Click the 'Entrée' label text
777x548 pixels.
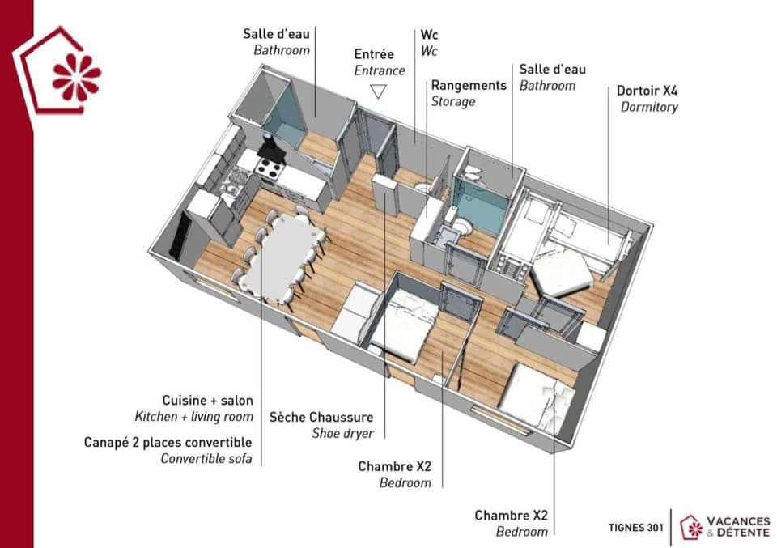pos(374,54)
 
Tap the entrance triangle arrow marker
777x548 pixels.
pos(378,91)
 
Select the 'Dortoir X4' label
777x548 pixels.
pos(647,91)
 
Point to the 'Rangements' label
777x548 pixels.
pos(468,85)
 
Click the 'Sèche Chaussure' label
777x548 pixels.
pos(321,417)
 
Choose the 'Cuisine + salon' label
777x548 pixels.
pos(207,400)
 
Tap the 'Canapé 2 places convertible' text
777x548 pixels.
pos(168,442)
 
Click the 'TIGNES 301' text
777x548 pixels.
pos(636,527)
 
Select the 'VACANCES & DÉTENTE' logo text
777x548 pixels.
pos(738,526)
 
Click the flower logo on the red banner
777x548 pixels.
pos(76,77)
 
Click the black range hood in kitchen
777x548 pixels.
pos(271,149)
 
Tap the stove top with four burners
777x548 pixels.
pos(269,168)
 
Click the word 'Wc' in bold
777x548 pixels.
pos(429,36)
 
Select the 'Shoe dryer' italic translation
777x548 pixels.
pos(342,434)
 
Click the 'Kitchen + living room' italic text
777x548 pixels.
pos(193,417)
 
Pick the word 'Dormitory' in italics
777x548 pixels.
pos(649,107)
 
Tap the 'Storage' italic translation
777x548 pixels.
pos(452,101)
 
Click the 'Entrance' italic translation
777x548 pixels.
pos(380,70)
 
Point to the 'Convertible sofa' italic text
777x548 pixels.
pos(206,459)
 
